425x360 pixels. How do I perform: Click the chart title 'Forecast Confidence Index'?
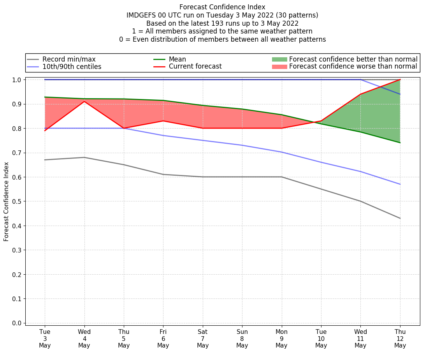(222, 7)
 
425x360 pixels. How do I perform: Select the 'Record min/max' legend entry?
(69, 59)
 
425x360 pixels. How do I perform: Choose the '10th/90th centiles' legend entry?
(72, 67)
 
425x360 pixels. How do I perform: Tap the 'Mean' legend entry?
(177, 59)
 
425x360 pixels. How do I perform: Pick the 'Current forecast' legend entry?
(195, 67)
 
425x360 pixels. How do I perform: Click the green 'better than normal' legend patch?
(279, 59)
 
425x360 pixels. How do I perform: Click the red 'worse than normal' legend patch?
(279, 67)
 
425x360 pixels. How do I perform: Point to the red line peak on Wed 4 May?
(84, 101)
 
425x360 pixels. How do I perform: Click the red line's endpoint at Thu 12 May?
(400, 79)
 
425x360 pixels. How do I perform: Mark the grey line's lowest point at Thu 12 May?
(400, 218)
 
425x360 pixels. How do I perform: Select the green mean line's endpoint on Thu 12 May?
(400, 143)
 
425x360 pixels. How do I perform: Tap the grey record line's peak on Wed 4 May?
(84, 157)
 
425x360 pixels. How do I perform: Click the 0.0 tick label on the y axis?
(17, 323)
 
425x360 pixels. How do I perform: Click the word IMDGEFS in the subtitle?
(140, 15)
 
